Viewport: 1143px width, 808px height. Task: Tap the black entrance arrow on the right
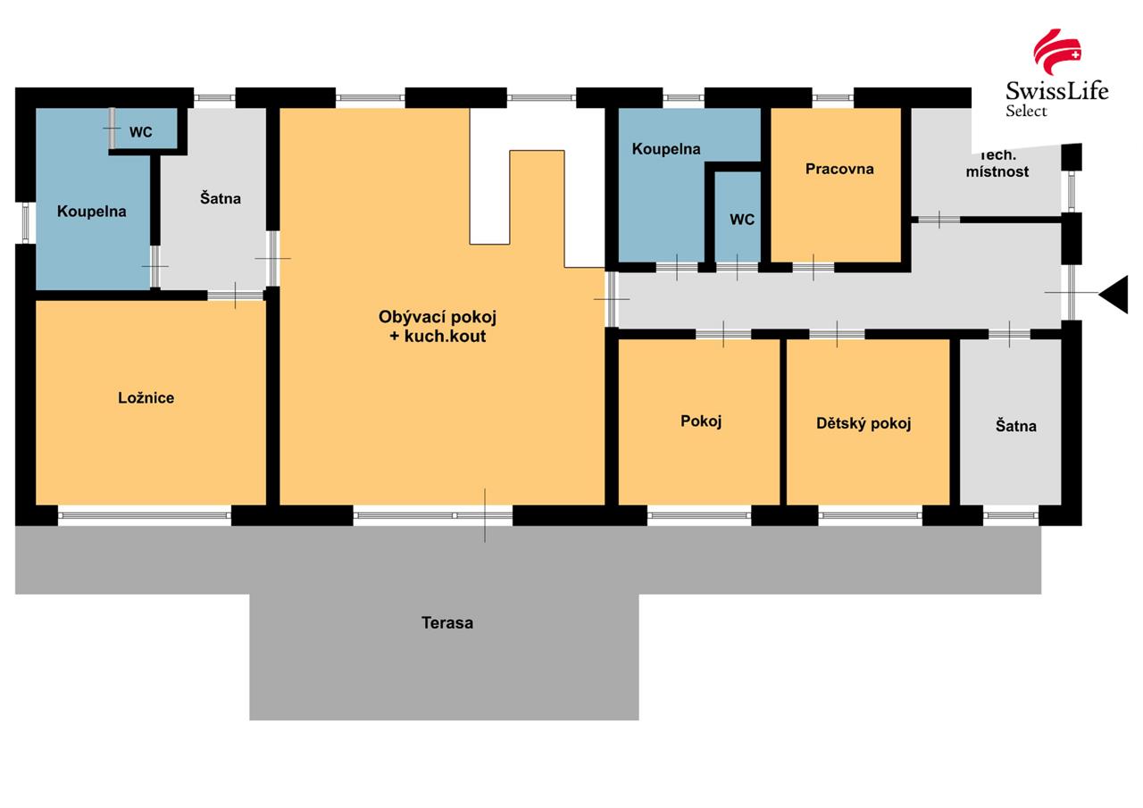point(1114,294)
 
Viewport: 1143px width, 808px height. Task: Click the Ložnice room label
point(146,397)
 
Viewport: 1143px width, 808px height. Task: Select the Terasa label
point(447,622)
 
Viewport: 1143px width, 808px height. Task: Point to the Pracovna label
point(838,169)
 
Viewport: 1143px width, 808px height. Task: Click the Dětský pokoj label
point(864,423)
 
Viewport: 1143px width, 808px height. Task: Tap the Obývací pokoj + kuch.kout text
point(437,326)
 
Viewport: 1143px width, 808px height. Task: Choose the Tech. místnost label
point(997,163)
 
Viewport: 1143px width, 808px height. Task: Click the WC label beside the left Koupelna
point(140,132)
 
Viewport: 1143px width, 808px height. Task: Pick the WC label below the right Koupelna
point(742,219)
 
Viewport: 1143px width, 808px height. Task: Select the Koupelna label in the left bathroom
point(91,212)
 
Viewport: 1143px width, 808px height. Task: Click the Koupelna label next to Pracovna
point(666,149)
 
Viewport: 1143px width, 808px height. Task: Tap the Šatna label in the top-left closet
point(220,198)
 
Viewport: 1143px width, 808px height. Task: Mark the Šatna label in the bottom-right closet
point(1015,426)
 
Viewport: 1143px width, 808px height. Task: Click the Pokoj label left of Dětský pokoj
point(701,421)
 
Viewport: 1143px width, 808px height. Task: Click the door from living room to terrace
point(485,515)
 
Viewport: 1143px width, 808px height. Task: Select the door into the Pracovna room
point(813,266)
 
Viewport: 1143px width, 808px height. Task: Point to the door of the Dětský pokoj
point(837,334)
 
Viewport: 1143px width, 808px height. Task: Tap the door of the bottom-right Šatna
point(1009,334)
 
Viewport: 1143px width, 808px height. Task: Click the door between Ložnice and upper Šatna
point(236,295)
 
